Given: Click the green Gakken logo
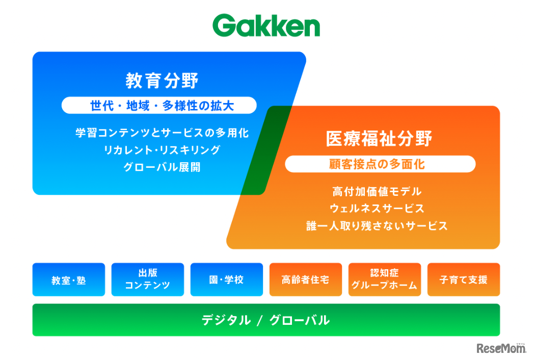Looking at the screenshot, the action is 266,25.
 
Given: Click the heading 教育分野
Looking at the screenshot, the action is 162,81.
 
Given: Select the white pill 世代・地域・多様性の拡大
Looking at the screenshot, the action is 159,106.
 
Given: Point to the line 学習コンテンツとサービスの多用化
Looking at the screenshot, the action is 162,133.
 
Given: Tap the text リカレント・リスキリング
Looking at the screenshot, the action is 162,150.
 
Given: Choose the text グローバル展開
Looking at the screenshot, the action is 162,167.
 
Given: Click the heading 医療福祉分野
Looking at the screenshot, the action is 379,139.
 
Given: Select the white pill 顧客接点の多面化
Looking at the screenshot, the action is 380,164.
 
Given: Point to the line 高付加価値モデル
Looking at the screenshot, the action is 377,191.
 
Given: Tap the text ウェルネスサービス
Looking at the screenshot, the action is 377,208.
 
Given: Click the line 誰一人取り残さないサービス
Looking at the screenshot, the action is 377,225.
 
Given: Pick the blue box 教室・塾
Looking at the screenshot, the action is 69,280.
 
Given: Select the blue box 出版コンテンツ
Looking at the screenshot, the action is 148,280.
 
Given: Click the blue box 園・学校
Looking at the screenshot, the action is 227,280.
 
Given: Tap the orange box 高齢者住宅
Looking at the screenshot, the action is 306,280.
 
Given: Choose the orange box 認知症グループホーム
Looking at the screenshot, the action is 384,280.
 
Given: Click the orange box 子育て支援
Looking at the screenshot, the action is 464,280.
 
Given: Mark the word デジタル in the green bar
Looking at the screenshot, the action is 226,320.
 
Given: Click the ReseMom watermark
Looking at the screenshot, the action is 501,348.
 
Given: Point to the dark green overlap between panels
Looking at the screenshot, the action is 267,150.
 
